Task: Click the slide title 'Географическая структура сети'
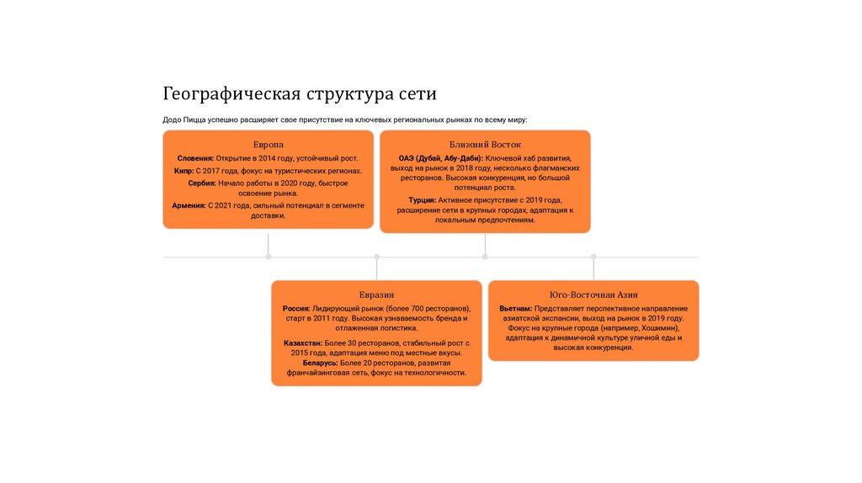[x=300, y=93]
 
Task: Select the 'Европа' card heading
[x=269, y=145]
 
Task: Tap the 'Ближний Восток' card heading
[x=485, y=145]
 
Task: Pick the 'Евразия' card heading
[x=376, y=295]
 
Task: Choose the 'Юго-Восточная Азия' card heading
[x=593, y=295]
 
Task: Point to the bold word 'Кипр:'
[x=184, y=170]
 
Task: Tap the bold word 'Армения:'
[x=189, y=204]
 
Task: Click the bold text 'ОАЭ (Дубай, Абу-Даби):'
[x=440, y=158]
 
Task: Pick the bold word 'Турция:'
[x=422, y=200]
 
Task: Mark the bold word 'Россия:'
[x=297, y=309]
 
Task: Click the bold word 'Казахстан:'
[x=303, y=343]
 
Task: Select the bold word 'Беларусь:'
[x=302, y=363]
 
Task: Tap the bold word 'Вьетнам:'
[x=515, y=309]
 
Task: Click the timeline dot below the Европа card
[x=269, y=257]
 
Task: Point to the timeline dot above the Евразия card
[x=376, y=257]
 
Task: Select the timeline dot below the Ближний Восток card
[x=485, y=257]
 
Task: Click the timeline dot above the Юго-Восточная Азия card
[x=593, y=257]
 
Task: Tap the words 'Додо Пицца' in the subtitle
[x=184, y=120]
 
